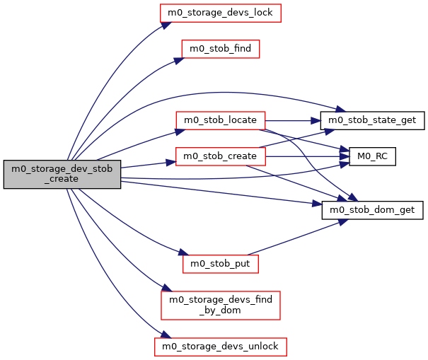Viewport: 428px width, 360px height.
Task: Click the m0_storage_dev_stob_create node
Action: click(62, 174)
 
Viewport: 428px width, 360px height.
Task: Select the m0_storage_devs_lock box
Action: click(221, 12)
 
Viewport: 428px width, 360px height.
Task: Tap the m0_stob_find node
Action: click(221, 48)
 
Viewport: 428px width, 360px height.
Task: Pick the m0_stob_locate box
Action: click(220, 120)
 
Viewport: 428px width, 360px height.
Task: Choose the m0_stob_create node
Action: click(220, 156)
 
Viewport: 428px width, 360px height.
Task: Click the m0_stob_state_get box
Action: click(372, 120)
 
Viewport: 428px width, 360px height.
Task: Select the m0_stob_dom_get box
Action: click(373, 209)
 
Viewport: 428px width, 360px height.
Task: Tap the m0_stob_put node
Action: click(221, 263)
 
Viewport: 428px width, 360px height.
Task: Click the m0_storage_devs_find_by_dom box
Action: click(221, 305)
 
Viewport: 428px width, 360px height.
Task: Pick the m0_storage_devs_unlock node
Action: click(221, 347)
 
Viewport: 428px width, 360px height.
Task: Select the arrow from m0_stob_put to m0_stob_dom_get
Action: click(297, 237)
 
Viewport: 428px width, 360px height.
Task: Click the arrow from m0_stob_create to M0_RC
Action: click(304, 156)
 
